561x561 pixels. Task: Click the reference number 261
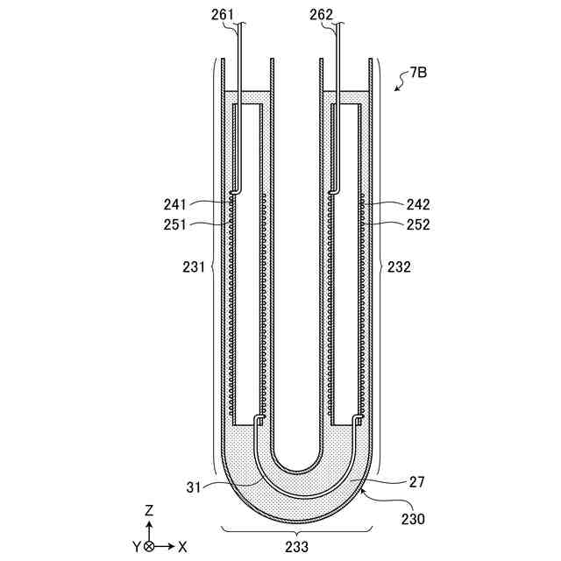(222, 15)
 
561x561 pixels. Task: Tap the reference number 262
(321, 15)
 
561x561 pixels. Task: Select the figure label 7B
(418, 73)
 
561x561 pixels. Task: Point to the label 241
(175, 204)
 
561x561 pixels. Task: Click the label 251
(175, 224)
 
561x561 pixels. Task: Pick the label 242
(418, 204)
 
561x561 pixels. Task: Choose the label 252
(418, 224)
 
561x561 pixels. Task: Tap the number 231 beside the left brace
(194, 266)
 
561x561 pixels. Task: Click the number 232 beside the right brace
(399, 266)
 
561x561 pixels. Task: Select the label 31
(194, 487)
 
